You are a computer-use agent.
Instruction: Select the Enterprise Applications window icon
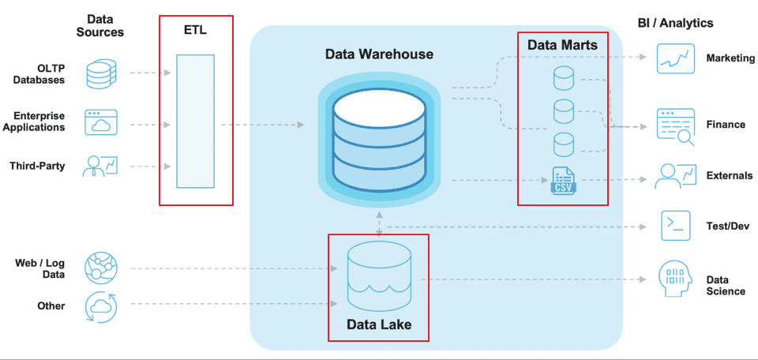tap(100, 123)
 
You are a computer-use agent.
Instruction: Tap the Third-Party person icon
tap(100, 166)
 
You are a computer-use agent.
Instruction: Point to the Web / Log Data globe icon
tap(100, 268)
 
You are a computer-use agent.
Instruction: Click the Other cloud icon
tap(100, 306)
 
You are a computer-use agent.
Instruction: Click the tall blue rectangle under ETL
tap(195, 121)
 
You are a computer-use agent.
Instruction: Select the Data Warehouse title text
tap(379, 54)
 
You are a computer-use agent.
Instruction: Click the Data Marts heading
tap(562, 45)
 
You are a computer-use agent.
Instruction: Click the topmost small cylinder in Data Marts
tap(563, 78)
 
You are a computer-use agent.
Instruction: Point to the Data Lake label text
tap(379, 324)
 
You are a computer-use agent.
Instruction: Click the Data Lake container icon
tap(379, 276)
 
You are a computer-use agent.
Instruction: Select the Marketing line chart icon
tap(675, 58)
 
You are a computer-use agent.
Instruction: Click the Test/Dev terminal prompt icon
tap(675, 226)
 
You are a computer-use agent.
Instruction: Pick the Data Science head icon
tap(676, 278)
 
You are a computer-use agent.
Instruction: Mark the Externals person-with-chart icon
tap(675, 175)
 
